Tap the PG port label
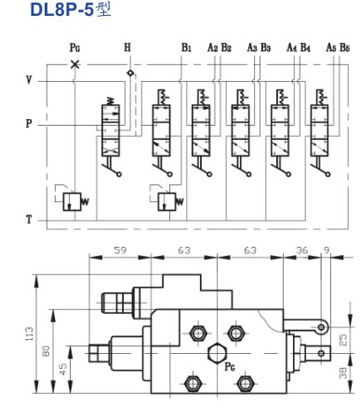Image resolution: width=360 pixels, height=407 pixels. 75,47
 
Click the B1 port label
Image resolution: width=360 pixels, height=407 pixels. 187,47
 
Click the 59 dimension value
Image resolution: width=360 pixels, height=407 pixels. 119,250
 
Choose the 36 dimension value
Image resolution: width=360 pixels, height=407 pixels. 301,250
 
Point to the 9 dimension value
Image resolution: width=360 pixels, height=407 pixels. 326,250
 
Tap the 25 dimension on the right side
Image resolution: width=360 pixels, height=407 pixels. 343,340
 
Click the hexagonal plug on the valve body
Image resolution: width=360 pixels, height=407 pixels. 217,351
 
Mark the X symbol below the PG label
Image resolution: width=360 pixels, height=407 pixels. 75,65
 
